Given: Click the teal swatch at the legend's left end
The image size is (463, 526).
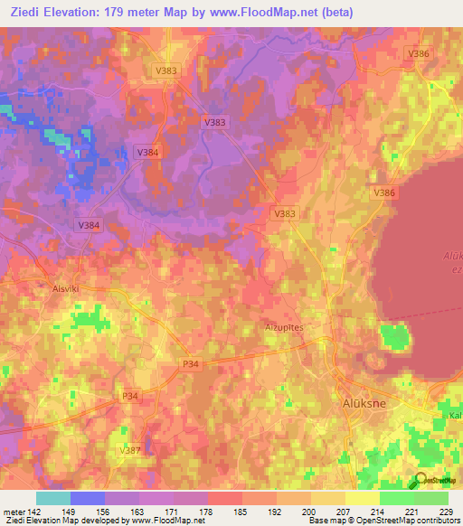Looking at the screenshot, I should [52, 498].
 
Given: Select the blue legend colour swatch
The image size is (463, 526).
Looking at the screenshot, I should [87, 498].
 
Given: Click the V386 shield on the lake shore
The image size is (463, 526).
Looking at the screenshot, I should [384, 193].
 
